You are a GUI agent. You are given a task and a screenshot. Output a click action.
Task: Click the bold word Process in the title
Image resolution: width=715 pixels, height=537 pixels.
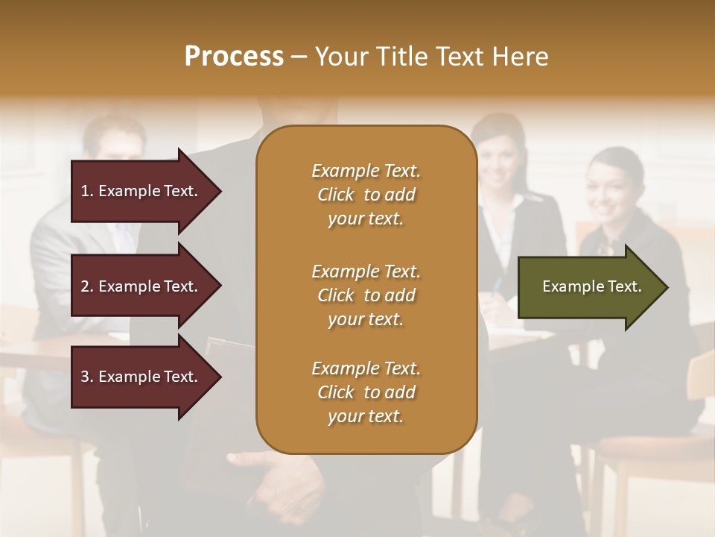pyautogui.click(x=234, y=57)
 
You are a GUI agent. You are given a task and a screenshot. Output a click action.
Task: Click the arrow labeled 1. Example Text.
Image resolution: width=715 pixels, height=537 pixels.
pyautogui.click(x=142, y=191)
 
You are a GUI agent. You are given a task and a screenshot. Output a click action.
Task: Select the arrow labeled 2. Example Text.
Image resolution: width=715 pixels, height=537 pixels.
pyautogui.click(x=142, y=286)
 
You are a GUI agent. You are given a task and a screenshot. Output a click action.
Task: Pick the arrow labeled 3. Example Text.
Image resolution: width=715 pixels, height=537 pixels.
pyautogui.click(x=142, y=377)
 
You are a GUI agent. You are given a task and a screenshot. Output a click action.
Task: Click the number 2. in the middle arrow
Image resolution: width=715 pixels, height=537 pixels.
pyautogui.click(x=87, y=286)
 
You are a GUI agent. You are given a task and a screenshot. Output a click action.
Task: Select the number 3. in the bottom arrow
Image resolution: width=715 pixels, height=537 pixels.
pyautogui.click(x=87, y=377)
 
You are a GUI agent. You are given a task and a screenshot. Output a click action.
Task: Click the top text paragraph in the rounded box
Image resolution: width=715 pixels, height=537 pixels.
pyautogui.click(x=366, y=195)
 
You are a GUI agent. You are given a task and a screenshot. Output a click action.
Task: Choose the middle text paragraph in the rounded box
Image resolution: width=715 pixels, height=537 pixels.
pyautogui.click(x=366, y=295)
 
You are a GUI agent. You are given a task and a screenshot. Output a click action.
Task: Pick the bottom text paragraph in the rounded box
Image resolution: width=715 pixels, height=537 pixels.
pyautogui.click(x=366, y=392)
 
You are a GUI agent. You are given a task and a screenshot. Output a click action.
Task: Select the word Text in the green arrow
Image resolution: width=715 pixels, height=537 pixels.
pyautogui.click(x=624, y=286)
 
